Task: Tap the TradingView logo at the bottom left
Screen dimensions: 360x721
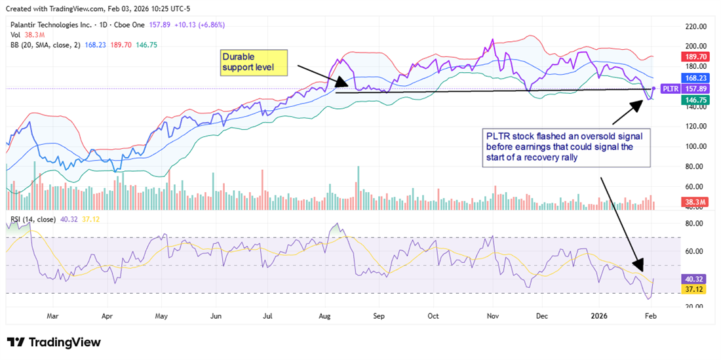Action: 54,342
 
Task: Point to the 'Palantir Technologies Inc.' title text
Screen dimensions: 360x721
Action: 53,26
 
